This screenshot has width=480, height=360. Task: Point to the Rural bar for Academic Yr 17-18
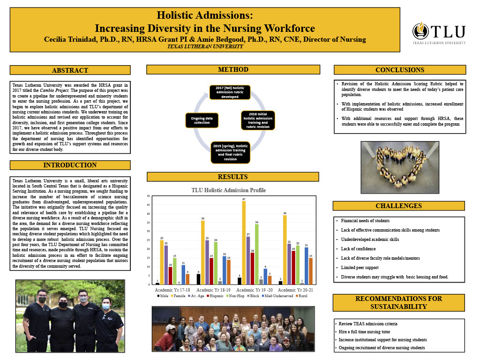[x=188, y=279]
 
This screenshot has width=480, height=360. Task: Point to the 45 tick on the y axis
[x=149, y=205]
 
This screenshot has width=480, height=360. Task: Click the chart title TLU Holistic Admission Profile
[x=228, y=190]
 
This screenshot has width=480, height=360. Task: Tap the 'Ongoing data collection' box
[x=202, y=120]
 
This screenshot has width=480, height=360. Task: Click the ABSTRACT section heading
[x=70, y=70]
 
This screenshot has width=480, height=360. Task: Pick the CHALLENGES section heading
[x=398, y=206]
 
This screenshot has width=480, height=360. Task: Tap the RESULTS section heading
[x=232, y=177]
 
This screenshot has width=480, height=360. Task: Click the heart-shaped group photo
[x=398, y=165]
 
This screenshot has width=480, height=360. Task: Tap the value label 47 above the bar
[x=244, y=200]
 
